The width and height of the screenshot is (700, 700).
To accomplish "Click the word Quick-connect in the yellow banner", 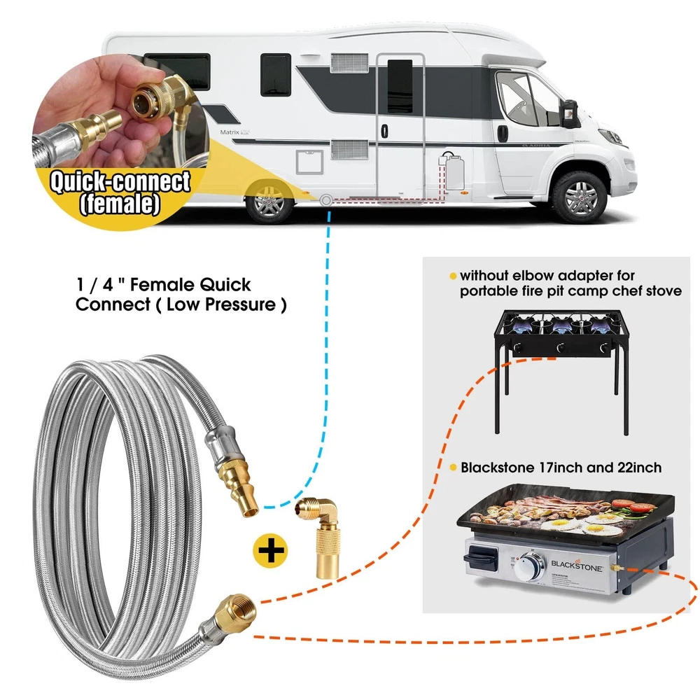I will [x=118, y=183].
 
